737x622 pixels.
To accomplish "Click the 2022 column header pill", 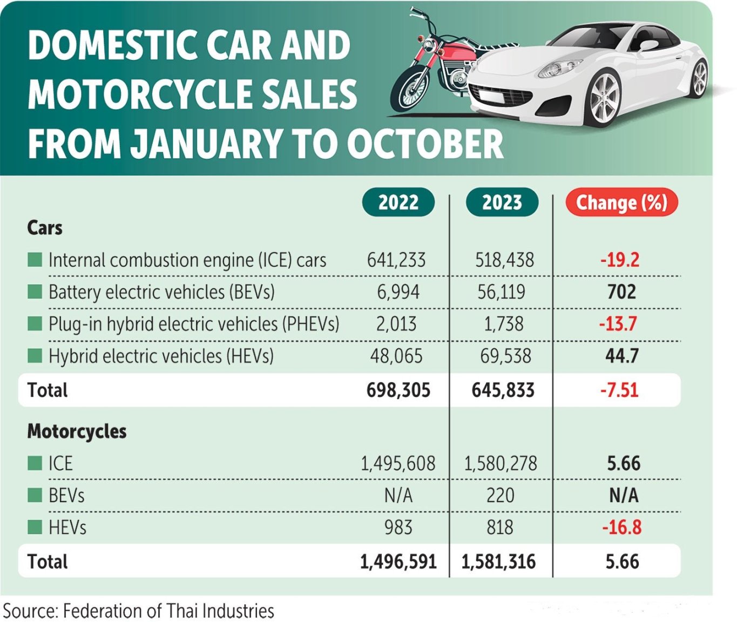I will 398,202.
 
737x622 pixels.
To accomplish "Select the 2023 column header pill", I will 502,202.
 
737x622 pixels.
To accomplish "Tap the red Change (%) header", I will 621,202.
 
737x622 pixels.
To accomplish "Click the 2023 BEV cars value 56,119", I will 501,292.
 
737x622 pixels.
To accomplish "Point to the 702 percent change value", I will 621,292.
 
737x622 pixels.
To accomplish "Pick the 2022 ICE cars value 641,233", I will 396,260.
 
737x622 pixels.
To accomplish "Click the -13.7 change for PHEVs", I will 618,324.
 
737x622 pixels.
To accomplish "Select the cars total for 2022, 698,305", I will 398,390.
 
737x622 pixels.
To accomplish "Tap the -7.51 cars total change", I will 619,390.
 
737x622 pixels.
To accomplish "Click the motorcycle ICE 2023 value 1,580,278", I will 501,464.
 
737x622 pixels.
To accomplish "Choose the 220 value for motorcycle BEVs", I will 500,496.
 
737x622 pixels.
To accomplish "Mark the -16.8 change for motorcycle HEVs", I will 621,528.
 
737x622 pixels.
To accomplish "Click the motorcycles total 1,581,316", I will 498,562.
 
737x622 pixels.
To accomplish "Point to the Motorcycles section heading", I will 77,431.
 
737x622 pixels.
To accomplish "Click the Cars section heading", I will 45,228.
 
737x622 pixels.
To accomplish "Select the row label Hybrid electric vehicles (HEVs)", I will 161,356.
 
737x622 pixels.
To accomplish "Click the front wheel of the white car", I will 604,99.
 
